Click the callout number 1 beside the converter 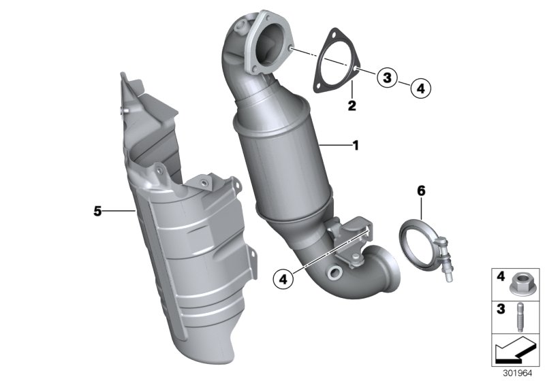355,145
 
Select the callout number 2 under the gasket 352,105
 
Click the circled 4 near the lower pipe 282,277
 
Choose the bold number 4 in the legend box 499,277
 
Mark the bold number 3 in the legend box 499,308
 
